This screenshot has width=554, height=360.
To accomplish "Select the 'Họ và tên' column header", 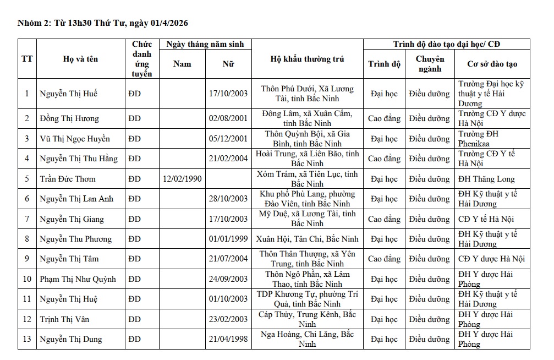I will (80, 59).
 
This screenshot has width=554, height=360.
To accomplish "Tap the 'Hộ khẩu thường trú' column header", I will (308, 59).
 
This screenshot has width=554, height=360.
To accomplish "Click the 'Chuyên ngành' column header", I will (430, 64).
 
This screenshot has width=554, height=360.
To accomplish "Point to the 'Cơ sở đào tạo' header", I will (492, 64).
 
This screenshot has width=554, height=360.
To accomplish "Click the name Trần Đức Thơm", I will (68, 179).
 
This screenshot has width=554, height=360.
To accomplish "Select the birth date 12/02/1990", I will (182, 179).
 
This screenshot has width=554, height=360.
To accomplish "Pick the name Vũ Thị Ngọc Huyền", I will (75, 139).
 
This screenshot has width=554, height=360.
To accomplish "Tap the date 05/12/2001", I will (228, 139).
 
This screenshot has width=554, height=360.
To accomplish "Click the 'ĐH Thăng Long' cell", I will (486, 179).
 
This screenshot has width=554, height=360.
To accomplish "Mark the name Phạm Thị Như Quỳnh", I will (78, 279).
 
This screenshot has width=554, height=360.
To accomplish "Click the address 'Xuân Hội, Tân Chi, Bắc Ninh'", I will (308, 239).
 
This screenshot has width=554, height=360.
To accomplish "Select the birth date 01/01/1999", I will (228, 239).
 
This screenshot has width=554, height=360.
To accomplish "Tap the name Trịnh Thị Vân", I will (64, 319).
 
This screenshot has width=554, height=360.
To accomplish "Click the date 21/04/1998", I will (228, 339).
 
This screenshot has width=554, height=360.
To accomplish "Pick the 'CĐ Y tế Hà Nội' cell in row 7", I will (486, 219).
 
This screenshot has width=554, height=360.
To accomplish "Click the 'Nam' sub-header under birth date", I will (182, 64).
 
